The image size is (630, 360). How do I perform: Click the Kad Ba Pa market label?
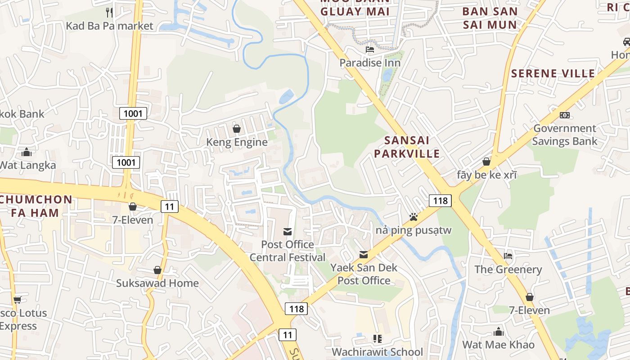[109, 26]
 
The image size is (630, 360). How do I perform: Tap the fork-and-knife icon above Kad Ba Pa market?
[109, 12]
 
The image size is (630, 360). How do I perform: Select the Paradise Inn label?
[370, 63]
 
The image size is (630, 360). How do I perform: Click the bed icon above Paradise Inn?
[370, 49]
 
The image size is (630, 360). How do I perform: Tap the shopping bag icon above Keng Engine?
[237, 129]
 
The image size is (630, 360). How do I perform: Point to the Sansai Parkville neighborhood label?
[406, 147]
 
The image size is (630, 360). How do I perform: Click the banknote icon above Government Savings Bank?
[564, 115]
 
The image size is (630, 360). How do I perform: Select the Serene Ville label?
[553, 73]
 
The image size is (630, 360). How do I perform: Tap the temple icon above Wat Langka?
[27, 152]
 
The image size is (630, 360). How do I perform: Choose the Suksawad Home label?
[157, 283]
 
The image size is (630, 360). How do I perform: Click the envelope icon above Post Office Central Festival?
[287, 232]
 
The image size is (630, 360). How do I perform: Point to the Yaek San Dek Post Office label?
[364, 274]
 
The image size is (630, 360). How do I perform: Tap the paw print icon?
[414, 217]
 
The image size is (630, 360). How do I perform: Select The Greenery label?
[508, 270]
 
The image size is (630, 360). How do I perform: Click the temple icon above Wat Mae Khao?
[498, 332]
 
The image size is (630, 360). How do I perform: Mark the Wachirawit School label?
[377, 351]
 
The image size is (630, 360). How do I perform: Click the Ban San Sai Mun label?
[490, 18]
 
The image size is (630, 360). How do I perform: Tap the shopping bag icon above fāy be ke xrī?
[486, 162]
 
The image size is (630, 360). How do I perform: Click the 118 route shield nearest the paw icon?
[440, 200]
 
